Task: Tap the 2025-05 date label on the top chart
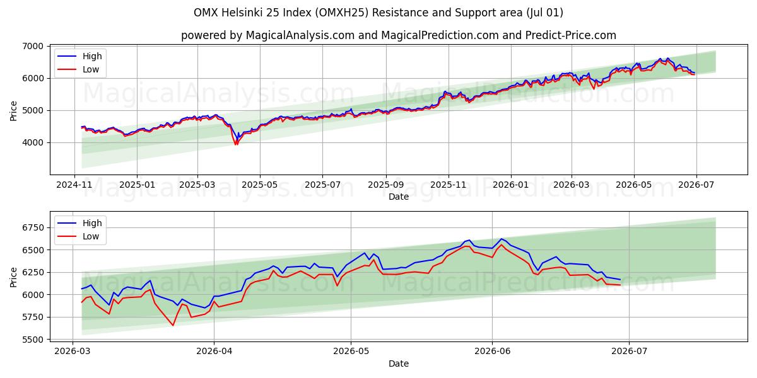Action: click(x=260, y=185)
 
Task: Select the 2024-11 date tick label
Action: click(x=74, y=185)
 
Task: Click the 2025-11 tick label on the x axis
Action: click(x=449, y=185)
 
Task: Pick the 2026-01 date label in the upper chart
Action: click(x=510, y=185)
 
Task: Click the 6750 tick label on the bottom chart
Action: click(x=33, y=228)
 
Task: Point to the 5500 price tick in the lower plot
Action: click(x=33, y=340)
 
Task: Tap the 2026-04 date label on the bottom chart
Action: click(x=214, y=352)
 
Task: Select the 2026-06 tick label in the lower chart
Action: click(x=493, y=352)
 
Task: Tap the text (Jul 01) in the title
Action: click(x=544, y=13)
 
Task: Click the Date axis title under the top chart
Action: click(x=399, y=197)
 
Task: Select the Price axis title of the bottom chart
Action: click(x=13, y=277)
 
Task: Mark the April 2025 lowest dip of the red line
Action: click(x=236, y=145)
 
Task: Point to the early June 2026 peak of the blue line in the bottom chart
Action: click(x=501, y=239)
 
